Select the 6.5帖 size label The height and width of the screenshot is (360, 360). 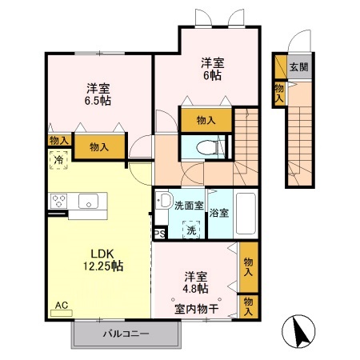point(99,102)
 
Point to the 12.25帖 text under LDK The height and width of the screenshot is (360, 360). point(98,265)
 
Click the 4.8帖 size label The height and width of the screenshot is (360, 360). point(195,288)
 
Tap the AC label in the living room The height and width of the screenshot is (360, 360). point(62,305)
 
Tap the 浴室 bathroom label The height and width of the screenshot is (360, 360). point(221,214)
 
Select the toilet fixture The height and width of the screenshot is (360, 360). point(209,147)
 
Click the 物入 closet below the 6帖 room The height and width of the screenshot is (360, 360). point(206,120)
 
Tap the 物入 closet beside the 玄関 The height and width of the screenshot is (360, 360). point(279,91)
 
